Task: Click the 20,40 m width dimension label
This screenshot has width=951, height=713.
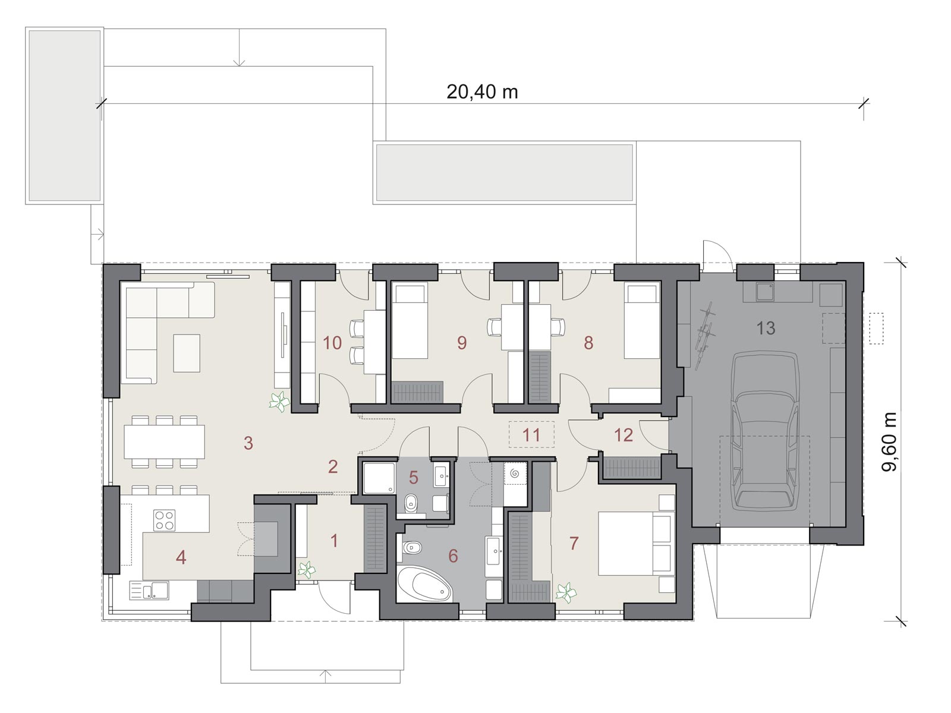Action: click(x=482, y=92)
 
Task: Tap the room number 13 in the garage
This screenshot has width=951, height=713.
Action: click(x=766, y=328)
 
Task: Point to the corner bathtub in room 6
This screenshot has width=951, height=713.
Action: click(x=424, y=585)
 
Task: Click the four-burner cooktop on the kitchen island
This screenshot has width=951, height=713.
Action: click(x=164, y=520)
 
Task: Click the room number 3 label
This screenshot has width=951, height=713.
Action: click(x=248, y=443)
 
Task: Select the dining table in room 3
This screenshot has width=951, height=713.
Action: click(x=164, y=441)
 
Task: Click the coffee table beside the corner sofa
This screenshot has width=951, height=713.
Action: click(x=187, y=353)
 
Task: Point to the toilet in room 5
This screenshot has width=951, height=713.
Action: click(x=410, y=503)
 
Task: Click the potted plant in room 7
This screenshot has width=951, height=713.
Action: click(x=566, y=592)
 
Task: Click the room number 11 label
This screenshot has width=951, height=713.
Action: click(x=531, y=435)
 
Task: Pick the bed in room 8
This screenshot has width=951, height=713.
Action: click(x=642, y=321)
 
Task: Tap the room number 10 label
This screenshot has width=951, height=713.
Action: click(x=332, y=343)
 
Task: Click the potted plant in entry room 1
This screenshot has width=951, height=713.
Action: click(x=306, y=570)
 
